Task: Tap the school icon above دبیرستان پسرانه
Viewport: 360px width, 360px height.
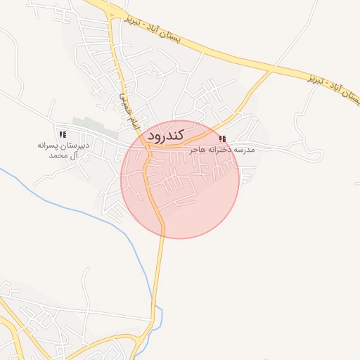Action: [x=63, y=134]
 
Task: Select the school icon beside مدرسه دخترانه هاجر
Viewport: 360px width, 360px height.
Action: [x=223, y=139]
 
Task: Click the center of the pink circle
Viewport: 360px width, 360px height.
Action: [x=180, y=180]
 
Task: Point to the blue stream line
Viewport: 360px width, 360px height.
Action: [x=105, y=216]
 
